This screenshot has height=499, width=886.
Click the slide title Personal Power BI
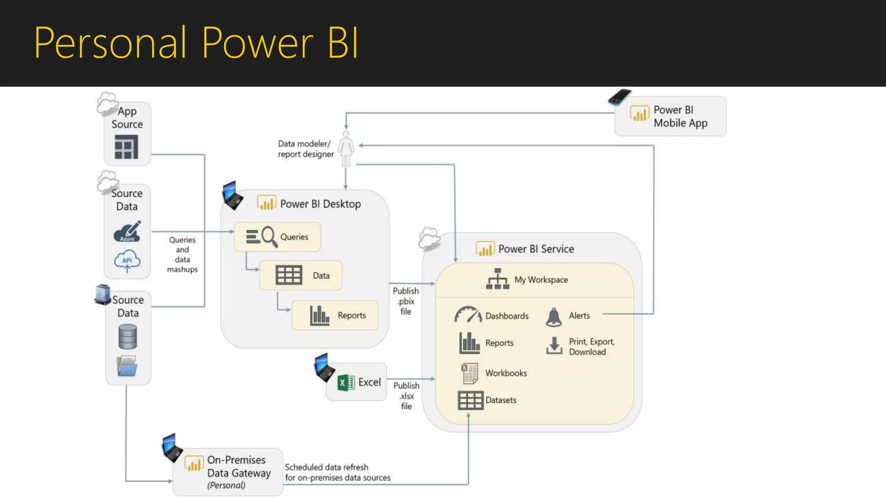(x=196, y=42)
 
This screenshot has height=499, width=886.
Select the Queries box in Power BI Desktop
(x=277, y=237)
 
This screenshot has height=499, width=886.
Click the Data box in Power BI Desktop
(x=301, y=275)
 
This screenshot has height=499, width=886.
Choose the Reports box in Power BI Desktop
(x=335, y=315)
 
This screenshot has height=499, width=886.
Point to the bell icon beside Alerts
(x=554, y=317)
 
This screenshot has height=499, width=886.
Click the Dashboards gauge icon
(x=468, y=315)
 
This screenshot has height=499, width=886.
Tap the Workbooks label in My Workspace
(x=506, y=373)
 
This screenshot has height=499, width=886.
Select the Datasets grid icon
(x=470, y=400)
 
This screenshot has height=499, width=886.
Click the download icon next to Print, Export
(x=554, y=346)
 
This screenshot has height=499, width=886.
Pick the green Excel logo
(x=346, y=382)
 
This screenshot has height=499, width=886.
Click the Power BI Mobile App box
(x=671, y=116)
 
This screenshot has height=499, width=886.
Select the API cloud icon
(x=127, y=261)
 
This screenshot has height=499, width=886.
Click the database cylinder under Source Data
(x=128, y=337)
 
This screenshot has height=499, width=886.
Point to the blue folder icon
(x=127, y=366)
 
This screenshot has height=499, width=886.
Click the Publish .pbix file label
(x=406, y=301)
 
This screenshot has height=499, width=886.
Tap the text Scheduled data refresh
(x=327, y=467)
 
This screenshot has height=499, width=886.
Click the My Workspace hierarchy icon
(x=498, y=279)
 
